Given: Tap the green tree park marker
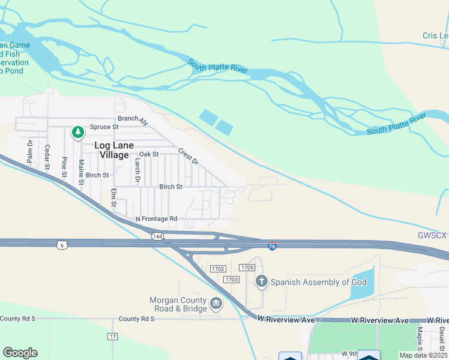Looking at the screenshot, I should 77,132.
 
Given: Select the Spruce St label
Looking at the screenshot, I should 104,127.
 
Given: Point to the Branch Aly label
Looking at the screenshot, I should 133,119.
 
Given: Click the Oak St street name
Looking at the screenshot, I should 149,154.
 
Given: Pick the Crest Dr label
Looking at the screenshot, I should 188,158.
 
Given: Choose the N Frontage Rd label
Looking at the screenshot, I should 157,219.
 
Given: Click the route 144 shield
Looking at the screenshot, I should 158,236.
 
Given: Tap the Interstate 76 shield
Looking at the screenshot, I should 272,246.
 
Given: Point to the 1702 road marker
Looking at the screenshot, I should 217,269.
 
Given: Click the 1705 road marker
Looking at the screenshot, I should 247,267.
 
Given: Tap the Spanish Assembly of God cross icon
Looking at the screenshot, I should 261,281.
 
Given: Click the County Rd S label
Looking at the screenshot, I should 136,319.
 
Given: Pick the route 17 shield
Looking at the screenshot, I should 112,337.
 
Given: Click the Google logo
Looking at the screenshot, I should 20,353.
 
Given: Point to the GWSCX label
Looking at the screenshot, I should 432,235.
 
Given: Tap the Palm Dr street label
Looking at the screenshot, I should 30,151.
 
